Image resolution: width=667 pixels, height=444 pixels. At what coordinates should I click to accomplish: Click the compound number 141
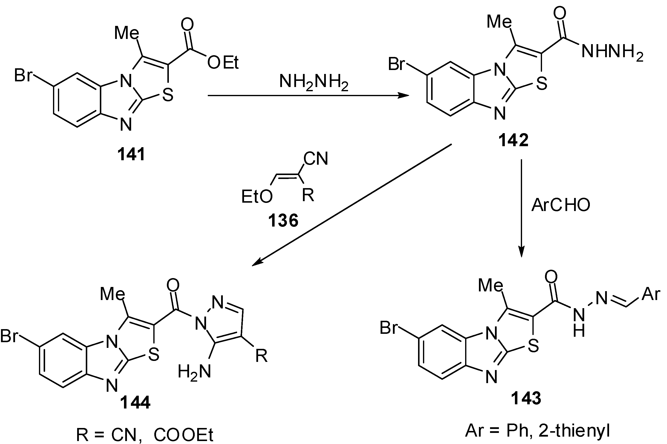point(131,155)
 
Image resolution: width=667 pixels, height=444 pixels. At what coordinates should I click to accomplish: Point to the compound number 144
point(135,402)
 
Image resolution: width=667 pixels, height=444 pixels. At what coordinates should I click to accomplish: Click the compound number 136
point(283,221)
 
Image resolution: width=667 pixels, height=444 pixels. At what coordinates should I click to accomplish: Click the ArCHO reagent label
point(561,205)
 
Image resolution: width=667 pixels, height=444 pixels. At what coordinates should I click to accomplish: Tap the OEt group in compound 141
point(223,63)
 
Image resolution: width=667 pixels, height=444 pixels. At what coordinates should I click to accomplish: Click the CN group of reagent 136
point(316,159)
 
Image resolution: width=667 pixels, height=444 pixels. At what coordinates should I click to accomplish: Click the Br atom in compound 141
point(23,76)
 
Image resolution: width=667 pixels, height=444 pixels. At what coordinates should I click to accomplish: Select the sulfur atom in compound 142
point(541,84)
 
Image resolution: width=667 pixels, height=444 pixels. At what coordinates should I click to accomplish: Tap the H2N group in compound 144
point(194,372)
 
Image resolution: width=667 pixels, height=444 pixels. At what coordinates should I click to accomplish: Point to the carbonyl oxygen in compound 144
point(173,285)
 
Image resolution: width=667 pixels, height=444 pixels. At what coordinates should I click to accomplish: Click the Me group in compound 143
point(490,285)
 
